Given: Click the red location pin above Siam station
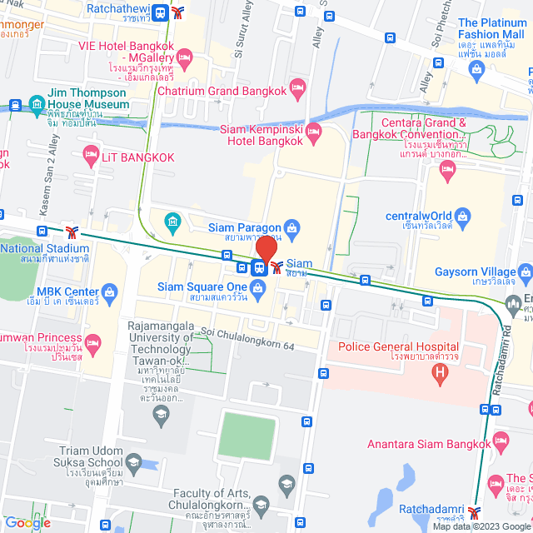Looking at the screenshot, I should coord(266,250).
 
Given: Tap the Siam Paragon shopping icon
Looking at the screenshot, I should coord(291,226).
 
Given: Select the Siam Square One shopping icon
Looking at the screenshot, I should coord(258,288).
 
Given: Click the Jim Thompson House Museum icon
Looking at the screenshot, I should coord(36,105).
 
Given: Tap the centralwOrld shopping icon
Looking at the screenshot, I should coord(463,217).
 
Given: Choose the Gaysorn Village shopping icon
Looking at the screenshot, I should coord(525,272).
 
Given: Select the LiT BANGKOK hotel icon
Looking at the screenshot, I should coord(91,154).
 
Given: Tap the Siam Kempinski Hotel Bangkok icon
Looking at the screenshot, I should coord(313,130).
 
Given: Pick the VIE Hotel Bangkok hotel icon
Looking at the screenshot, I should coord(184,57).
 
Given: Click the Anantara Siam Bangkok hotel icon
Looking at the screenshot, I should coord(500,441).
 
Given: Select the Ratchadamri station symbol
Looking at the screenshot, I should coord(476,511).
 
